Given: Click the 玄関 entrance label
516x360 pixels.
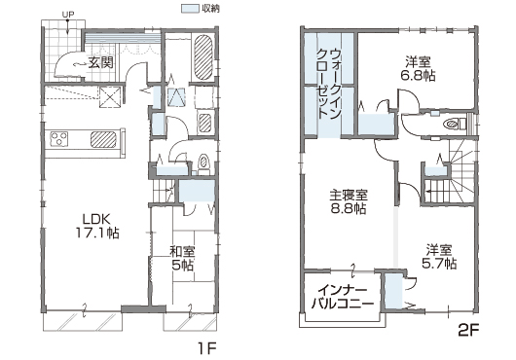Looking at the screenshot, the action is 101,62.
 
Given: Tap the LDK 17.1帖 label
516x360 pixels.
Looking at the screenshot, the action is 97,226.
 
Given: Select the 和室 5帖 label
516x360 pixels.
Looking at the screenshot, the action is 182,259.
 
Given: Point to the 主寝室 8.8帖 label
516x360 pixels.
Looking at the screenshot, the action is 349,201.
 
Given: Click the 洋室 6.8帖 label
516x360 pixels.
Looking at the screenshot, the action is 418,69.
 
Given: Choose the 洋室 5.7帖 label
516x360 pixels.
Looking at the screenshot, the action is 439,257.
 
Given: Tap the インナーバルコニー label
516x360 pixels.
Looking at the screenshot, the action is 343,297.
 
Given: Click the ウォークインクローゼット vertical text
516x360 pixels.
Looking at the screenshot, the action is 329,85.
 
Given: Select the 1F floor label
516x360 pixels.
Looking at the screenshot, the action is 207,347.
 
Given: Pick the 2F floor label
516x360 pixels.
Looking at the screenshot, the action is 468,331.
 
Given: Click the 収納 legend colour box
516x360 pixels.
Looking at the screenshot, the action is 191,9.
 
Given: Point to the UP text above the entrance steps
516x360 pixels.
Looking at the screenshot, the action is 67,15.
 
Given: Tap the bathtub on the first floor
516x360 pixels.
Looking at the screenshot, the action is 203,57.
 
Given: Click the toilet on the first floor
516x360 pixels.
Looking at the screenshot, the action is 203,163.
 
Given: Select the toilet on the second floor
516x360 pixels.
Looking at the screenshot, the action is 455,124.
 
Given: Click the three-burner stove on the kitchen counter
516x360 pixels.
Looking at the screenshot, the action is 59,138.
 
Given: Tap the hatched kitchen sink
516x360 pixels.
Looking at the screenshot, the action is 103,139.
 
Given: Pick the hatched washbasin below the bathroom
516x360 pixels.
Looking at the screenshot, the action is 205,123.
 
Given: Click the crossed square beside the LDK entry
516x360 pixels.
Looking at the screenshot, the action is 110,96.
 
